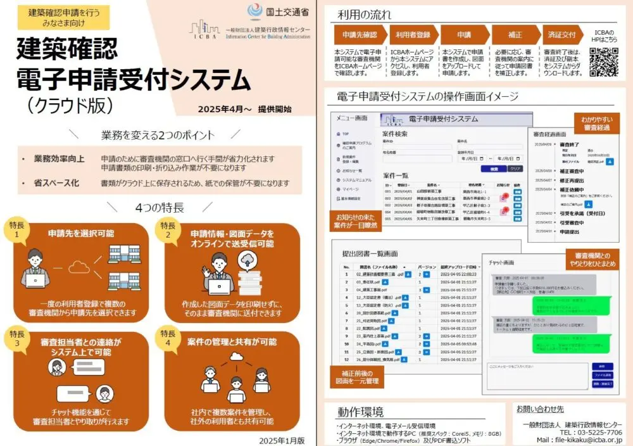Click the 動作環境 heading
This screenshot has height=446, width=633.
coord(360,412)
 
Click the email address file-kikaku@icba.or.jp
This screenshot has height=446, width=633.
coord(579,439)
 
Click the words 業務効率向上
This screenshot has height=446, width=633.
coord(59,158)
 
